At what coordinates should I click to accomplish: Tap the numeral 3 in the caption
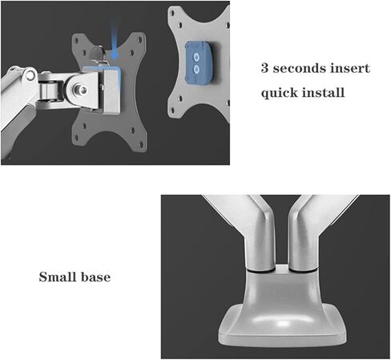tap(264, 68)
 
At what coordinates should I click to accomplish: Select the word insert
tap(350, 68)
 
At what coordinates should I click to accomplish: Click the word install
tap(324, 92)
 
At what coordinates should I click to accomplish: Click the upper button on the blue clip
tap(196, 57)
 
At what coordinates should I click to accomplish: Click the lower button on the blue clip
tap(196, 70)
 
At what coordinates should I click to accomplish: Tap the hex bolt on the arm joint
tap(80, 89)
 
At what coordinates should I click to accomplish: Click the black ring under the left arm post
tap(260, 270)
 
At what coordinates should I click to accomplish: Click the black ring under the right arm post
tap(304, 270)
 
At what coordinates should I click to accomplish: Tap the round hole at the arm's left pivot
tap(30, 75)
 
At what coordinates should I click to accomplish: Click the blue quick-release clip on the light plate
tap(199, 63)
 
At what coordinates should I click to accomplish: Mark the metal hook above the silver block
tap(99, 55)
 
